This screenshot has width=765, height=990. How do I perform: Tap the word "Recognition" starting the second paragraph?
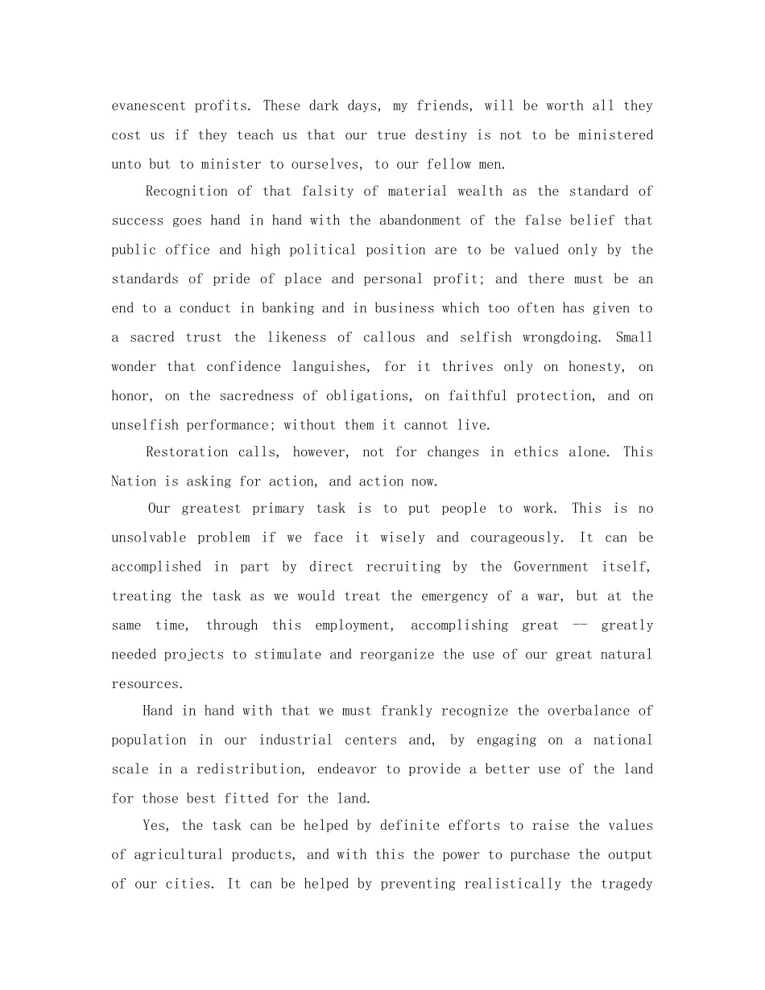(x=187, y=191)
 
